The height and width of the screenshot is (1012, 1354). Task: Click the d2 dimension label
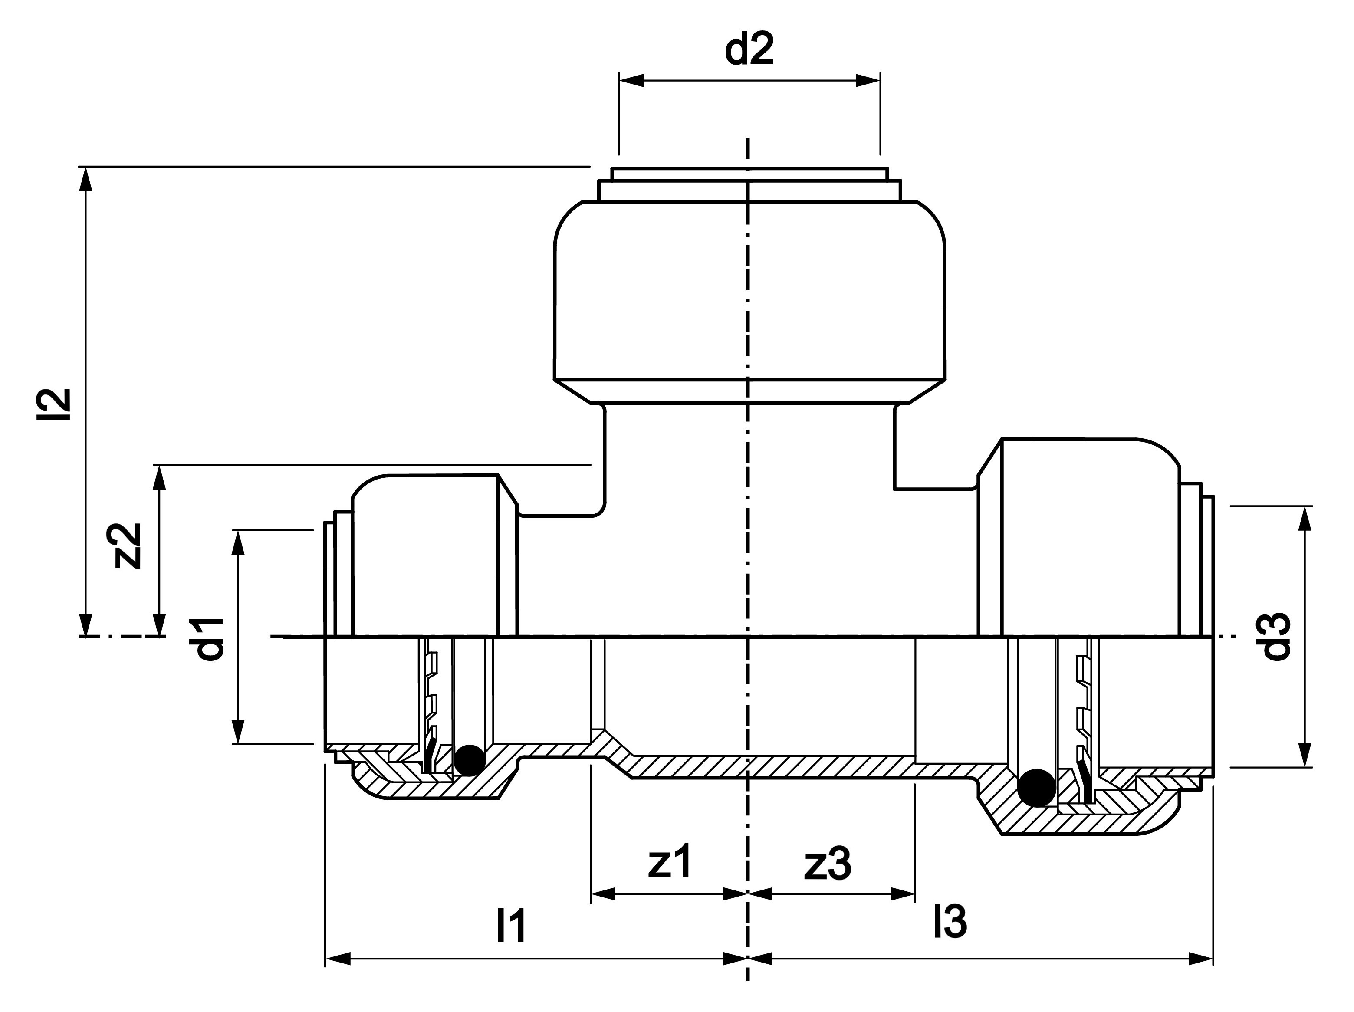(x=749, y=49)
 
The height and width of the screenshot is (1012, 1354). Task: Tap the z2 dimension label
(x=125, y=545)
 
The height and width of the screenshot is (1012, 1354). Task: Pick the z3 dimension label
(x=828, y=864)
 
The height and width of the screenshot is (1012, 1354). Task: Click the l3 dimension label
(x=950, y=920)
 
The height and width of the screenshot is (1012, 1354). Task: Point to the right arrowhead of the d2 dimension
(x=868, y=80)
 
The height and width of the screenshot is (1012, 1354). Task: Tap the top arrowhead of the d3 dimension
(x=1305, y=519)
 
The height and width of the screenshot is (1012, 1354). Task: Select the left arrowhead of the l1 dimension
(x=338, y=959)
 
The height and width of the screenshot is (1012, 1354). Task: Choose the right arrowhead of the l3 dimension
(x=1200, y=959)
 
